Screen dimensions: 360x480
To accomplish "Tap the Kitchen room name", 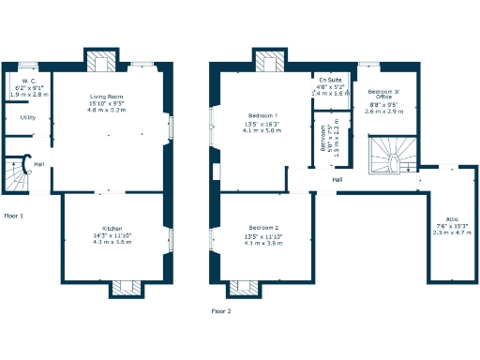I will click(x=111, y=228).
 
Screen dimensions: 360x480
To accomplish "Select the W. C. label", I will click(x=19, y=82).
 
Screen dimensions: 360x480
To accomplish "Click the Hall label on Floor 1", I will click(x=39, y=164).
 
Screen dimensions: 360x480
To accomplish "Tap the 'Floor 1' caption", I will click(x=14, y=216).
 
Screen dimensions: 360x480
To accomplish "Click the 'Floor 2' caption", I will click(x=220, y=310).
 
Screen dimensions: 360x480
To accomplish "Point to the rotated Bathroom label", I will click(x=324, y=139).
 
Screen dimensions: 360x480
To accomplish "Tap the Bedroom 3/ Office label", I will click(x=383, y=91).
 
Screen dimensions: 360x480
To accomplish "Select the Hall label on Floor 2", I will click(x=337, y=179).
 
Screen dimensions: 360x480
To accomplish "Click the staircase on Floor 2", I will click(x=387, y=156).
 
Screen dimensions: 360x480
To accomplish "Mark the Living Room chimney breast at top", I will click(x=101, y=62).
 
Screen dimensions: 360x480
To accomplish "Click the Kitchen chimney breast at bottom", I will click(x=125, y=288).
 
